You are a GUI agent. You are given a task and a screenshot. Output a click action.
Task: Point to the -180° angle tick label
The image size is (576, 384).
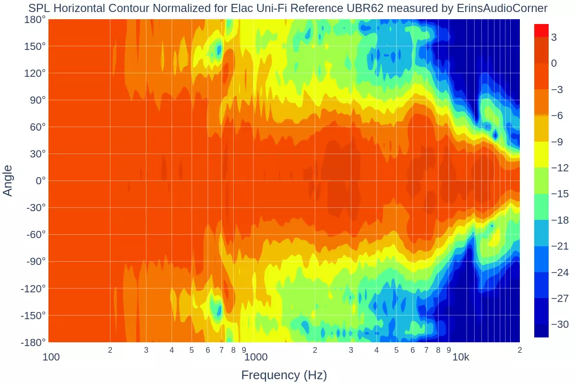click(x=33, y=342)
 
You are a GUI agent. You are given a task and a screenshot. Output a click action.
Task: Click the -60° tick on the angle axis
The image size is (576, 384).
click(x=33, y=235)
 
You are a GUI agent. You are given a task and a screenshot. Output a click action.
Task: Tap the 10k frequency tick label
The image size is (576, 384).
click(x=461, y=357)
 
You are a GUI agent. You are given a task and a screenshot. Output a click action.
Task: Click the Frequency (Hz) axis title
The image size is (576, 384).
click(x=284, y=375)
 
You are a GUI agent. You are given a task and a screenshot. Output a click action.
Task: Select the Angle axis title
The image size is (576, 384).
click(x=8, y=180)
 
